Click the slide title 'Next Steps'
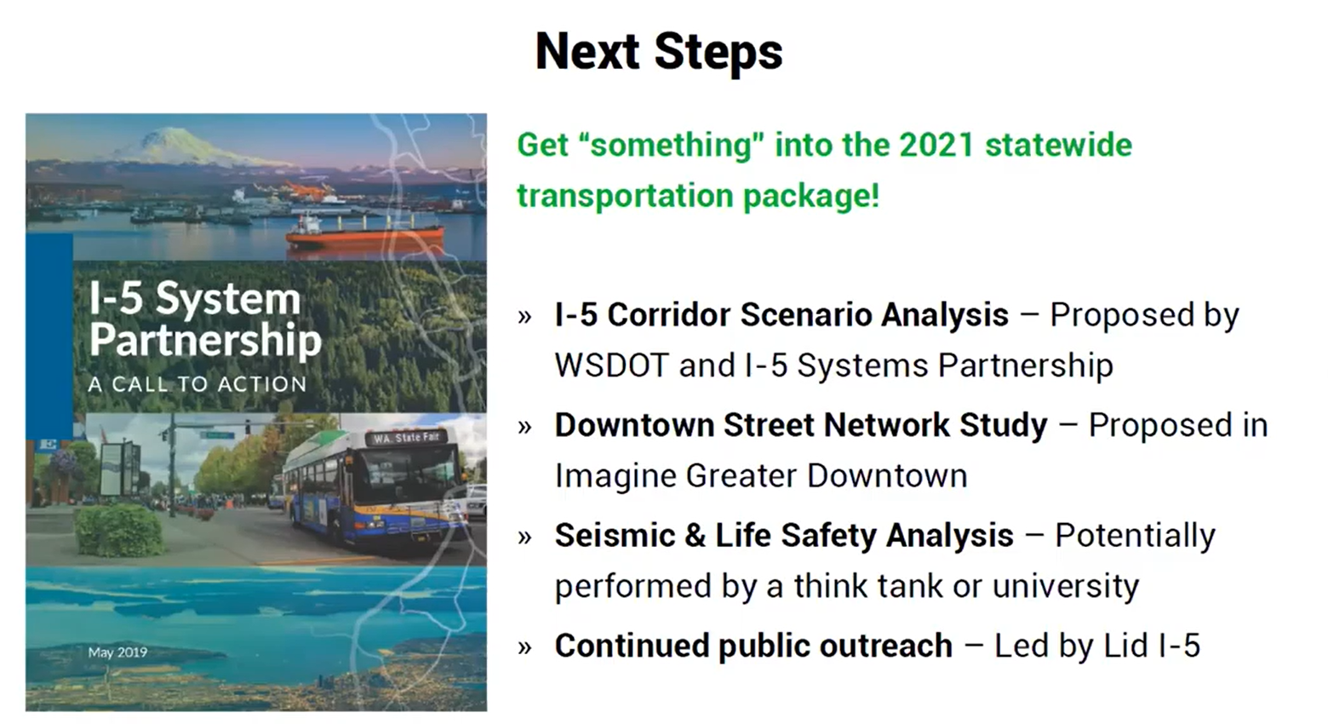[x=658, y=51]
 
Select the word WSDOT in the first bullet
[x=611, y=365]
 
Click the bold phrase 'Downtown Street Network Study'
[x=800, y=425]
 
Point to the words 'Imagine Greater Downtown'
[x=760, y=476]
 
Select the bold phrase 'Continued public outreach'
[x=753, y=646]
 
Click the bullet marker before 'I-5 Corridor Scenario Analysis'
[x=524, y=317]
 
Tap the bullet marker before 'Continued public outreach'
[x=524, y=648]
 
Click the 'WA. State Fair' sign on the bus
[x=407, y=438]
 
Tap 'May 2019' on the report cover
[x=117, y=652]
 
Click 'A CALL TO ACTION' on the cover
[x=197, y=384]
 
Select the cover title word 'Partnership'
[x=205, y=340]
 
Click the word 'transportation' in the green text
[x=624, y=196]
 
